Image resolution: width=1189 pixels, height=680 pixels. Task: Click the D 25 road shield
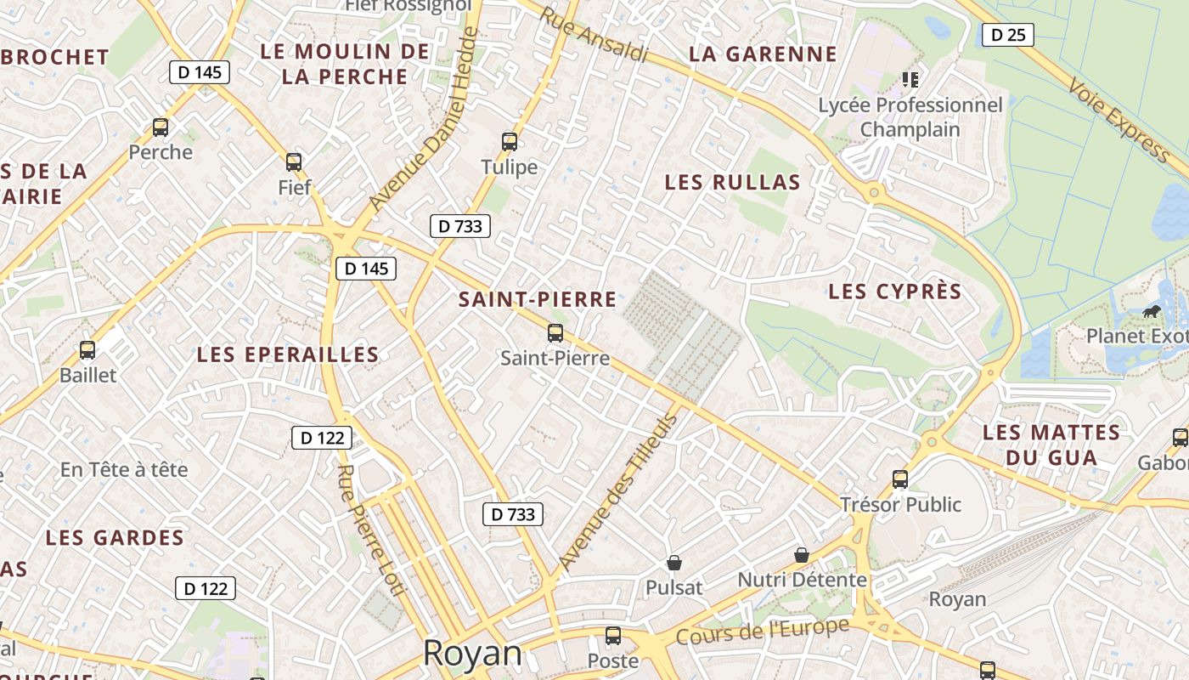pos(1008,35)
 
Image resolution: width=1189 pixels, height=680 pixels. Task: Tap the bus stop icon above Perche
pos(161,127)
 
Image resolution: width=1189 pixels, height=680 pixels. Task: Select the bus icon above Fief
pos(294,161)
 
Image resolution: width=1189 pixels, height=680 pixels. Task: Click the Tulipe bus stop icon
pos(510,142)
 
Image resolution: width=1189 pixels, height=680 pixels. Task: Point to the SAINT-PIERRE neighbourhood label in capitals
pos(538,299)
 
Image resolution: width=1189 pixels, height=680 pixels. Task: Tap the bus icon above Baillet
pos(87,349)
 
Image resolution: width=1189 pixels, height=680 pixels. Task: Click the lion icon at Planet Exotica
pos(1152,311)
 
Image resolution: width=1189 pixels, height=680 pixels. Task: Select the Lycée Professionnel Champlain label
pos(910,117)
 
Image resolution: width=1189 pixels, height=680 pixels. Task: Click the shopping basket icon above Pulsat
pos(674,563)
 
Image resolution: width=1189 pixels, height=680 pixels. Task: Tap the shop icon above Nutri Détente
pos(801,555)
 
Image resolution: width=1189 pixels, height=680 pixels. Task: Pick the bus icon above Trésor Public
pos(900,479)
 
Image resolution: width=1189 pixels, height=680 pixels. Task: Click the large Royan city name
pos(472,653)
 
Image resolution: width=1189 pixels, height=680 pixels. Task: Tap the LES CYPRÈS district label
pos(895,292)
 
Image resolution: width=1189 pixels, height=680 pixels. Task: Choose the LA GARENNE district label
pos(763,54)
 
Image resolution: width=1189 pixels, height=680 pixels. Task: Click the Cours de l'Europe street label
pos(762,632)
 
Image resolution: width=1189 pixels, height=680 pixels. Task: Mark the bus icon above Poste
pos(613,636)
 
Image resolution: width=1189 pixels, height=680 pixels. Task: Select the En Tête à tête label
pos(124,469)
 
